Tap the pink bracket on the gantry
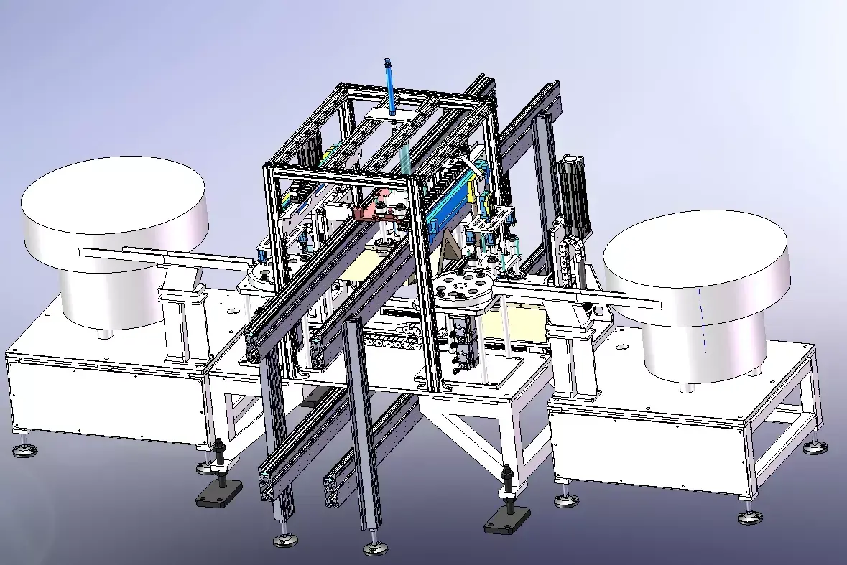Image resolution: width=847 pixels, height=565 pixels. click(379, 209)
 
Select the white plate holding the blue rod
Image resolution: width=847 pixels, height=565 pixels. click(392, 115)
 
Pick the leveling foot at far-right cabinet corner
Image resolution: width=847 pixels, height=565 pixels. click(813, 447)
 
